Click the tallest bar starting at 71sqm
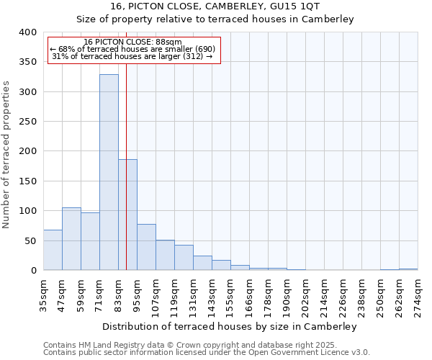[x=109, y=173]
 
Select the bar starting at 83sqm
[x=127, y=215]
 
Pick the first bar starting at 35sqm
[x=53, y=250]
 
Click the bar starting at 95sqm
[x=146, y=247]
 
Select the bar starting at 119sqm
[x=184, y=258]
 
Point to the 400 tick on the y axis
[x=27, y=32]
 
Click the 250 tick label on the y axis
[x=27, y=122]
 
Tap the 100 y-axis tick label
[x=27, y=211]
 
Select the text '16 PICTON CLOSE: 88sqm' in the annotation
[x=132, y=42]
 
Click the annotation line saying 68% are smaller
[x=132, y=49]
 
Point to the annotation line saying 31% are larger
[x=132, y=56]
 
